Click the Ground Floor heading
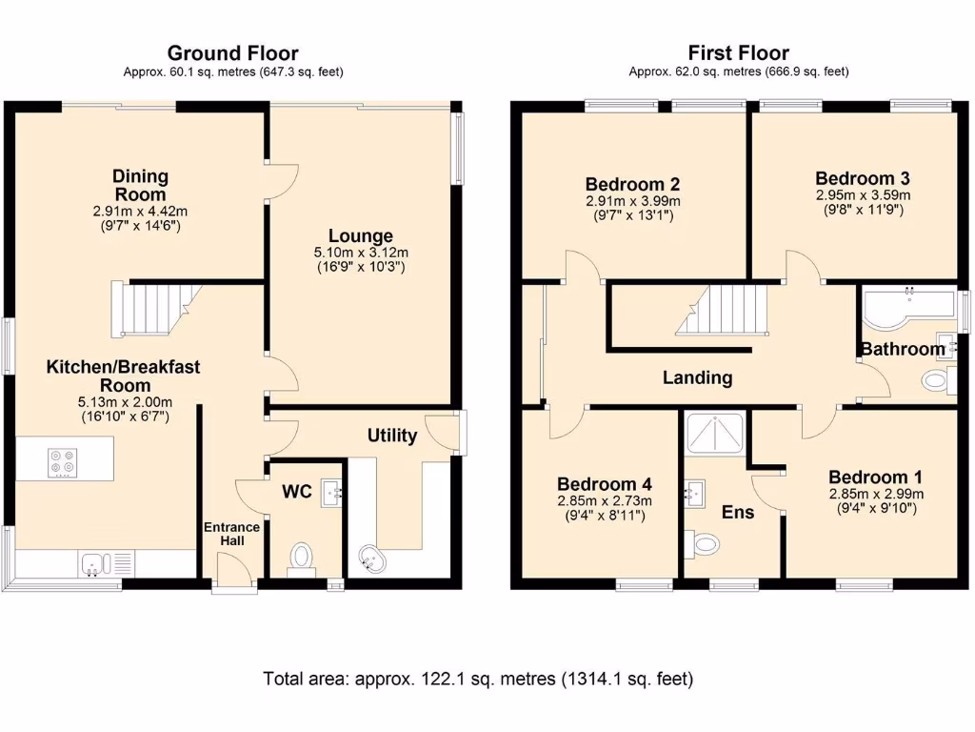(232, 53)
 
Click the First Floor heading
(738, 53)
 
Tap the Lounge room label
(361, 235)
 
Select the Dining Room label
(140, 185)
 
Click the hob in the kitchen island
(64, 461)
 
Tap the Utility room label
(392, 436)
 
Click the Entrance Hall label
(231, 534)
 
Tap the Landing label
(697, 377)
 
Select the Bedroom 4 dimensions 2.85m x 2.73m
(605, 501)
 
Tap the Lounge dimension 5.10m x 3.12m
(361, 253)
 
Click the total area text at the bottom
(478, 680)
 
